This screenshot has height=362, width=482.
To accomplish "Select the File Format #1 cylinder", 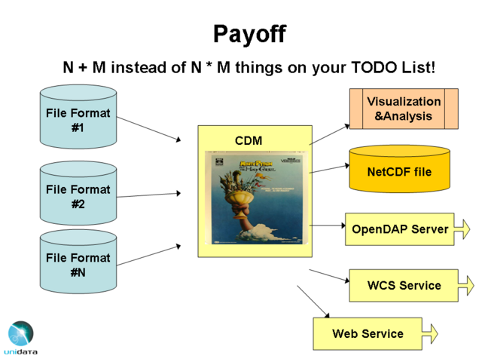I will point(78,119).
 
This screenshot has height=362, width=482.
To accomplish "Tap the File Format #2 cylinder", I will point(78,195).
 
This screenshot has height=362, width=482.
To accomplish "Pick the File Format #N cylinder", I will point(78,263).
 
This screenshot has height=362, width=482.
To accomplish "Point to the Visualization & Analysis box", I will point(404,109).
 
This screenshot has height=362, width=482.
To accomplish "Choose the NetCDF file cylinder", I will point(399,171).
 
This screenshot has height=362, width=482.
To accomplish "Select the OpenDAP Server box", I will point(400,229).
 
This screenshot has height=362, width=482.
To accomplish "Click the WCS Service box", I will point(404,286).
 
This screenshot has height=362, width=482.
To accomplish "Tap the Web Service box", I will point(368,333).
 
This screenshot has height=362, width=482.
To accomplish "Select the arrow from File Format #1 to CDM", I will point(149,128).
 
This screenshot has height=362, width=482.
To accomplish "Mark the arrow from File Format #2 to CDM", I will point(149,195).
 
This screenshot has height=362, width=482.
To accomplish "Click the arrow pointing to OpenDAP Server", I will point(328,225).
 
